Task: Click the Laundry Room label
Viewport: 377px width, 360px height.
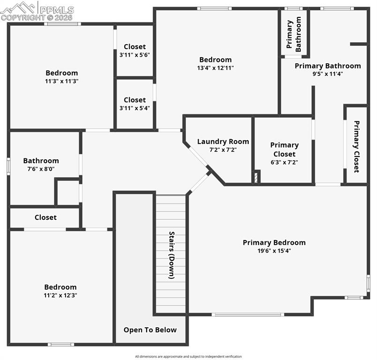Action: pyautogui.click(x=223, y=142)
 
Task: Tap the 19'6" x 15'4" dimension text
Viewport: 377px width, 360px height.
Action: pyautogui.click(x=274, y=251)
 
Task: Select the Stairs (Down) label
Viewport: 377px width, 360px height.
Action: pyautogui.click(x=171, y=255)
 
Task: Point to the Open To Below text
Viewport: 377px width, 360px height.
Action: pyautogui.click(x=150, y=330)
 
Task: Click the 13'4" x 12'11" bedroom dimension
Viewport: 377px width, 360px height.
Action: pyautogui.click(x=215, y=68)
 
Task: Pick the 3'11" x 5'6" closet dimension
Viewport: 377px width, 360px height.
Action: pyautogui.click(x=135, y=55)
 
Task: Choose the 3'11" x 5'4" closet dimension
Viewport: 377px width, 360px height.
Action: pyautogui.click(x=135, y=108)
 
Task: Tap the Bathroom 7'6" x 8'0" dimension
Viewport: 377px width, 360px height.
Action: pyautogui.click(x=41, y=169)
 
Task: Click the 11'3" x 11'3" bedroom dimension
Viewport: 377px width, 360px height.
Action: pyautogui.click(x=62, y=81)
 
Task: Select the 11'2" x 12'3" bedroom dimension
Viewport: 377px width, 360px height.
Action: pyautogui.click(x=60, y=295)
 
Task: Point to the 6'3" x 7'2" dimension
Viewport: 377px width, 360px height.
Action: pyautogui.click(x=284, y=162)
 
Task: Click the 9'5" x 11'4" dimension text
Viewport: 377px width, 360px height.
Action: pyautogui.click(x=328, y=74)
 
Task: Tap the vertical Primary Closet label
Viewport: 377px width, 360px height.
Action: pyautogui.click(x=356, y=147)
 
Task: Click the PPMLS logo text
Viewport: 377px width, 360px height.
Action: pyautogui.click(x=57, y=10)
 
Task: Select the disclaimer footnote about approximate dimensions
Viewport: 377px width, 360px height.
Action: pyautogui.click(x=188, y=356)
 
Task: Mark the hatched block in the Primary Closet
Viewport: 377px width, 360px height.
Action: pyautogui.click(x=256, y=177)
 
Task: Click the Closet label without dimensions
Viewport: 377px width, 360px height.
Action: pyautogui.click(x=45, y=217)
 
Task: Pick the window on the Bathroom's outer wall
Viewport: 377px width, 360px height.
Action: pyautogui.click(x=8, y=166)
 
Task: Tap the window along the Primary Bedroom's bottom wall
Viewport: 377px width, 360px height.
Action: pyautogui.click(x=248, y=315)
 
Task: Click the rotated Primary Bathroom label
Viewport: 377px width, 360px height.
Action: pyautogui.click(x=294, y=34)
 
